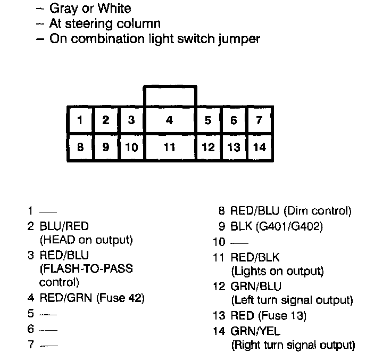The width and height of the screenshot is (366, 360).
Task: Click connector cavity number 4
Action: tap(169, 120)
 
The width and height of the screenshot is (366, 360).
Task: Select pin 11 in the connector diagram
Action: tap(169, 147)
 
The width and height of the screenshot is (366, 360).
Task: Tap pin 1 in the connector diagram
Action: tap(80, 120)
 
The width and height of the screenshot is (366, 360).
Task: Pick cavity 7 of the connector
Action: tap(259, 120)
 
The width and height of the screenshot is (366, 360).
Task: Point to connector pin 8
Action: tap(80, 147)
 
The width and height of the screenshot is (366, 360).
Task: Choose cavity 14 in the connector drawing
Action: tap(259, 147)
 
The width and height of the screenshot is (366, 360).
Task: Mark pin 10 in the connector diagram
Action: tap(131, 147)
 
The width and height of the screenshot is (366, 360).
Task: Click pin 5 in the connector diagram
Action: tap(208, 120)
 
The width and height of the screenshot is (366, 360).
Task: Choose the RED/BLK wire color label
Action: tap(255, 258)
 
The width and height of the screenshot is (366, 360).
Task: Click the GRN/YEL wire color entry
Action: tap(255, 331)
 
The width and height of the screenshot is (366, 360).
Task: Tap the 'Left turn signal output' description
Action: tap(292, 300)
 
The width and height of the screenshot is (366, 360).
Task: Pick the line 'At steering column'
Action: tap(105, 23)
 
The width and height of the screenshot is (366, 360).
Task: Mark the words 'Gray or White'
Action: tap(90, 8)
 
